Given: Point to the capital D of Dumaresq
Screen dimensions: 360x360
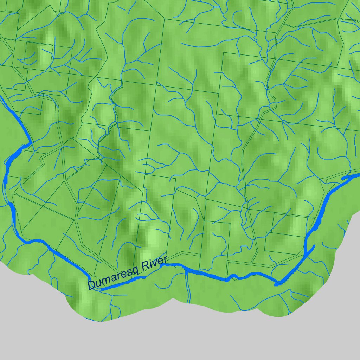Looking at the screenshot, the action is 92,284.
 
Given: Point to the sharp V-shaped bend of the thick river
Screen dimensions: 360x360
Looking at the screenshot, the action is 278,283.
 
